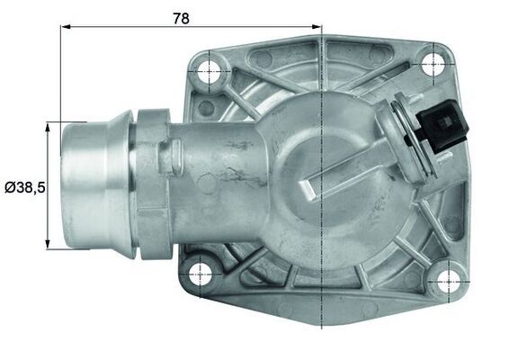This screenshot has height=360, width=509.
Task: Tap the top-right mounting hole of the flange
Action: pyautogui.click(x=434, y=61)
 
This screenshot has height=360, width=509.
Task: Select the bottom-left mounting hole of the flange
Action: pyautogui.click(x=200, y=271)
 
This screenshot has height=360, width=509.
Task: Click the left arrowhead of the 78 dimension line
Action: pyautogui.click(x=66, y=27)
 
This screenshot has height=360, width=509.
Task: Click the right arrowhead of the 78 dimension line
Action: pyautogui.click(x=317, y=27)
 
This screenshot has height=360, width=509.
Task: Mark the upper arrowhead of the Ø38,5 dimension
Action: pyautogui.click(x=46, y=127)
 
